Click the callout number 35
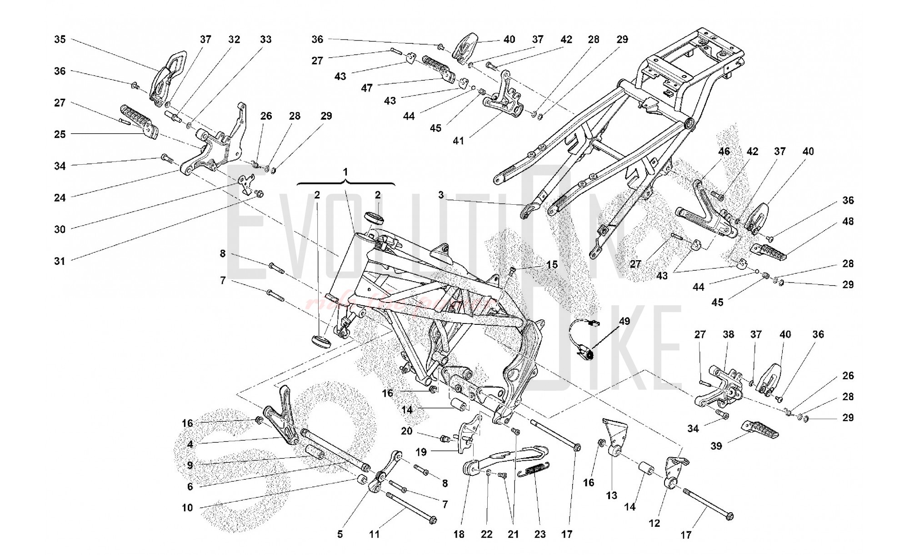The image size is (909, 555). point(60,40)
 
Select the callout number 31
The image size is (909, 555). point(60,261)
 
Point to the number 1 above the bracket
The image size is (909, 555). point(345,172)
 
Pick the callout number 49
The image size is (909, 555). point(624,321)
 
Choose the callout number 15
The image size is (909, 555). point(552,265)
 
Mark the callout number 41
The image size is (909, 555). point(459,141)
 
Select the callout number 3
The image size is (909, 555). point(441,195)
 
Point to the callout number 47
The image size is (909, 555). point(367,88)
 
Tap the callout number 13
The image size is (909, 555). point(612,495)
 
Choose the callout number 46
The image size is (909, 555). point(724,151)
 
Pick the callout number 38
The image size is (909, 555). point(729,334)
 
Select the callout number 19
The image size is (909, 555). point(421,452)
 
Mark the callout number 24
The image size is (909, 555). point(60,198)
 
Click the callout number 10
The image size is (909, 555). point(187,508)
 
